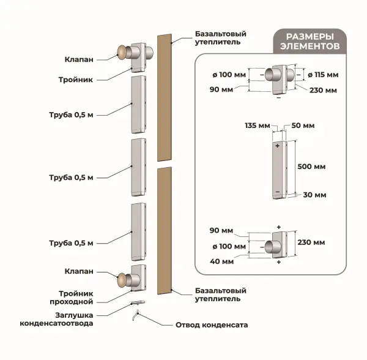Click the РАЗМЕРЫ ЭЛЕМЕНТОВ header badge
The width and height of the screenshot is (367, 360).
click(x=310, y=42)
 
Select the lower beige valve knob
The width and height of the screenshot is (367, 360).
click(x=121, y=280)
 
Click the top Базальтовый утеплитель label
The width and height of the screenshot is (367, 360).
click(x=220, y=38)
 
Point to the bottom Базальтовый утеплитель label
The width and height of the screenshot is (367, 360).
click(x=220, y=294)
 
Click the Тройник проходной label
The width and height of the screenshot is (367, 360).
click(x=72, y=298)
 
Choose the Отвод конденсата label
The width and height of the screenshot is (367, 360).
click(x=212, y=325)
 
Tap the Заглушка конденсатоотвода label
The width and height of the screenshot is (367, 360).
click(x=56, y=319)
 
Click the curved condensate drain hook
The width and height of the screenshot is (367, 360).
click(x=136, y=315)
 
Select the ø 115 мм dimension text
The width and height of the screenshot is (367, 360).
click(x=323, y=75)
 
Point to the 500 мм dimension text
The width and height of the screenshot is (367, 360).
click(x=311, y=167)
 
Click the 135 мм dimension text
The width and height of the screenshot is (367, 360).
click(x=258, y=126)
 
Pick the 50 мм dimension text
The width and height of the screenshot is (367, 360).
click(x=303, y=126)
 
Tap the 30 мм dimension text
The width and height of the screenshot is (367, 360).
click(x=314, y=195)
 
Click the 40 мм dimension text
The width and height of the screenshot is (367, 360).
click(x=221, y=261)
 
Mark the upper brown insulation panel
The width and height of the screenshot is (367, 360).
click(x=165, y=98)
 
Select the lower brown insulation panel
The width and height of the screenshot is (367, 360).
click(x=165, y=230)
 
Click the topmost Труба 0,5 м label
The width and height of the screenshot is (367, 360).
click(x=71, y=115)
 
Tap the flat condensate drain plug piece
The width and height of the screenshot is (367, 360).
click(x=138, y=302)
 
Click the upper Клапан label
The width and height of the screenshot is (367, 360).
click(x=79, y=59)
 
